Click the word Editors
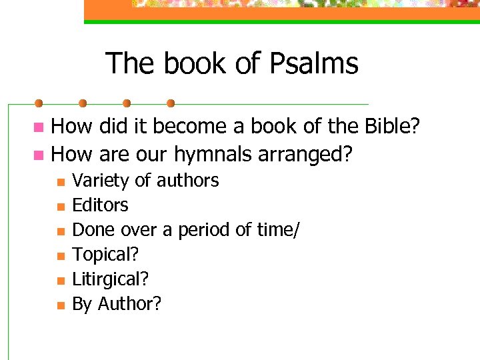click(100, 205)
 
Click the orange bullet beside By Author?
click(60, 305)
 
